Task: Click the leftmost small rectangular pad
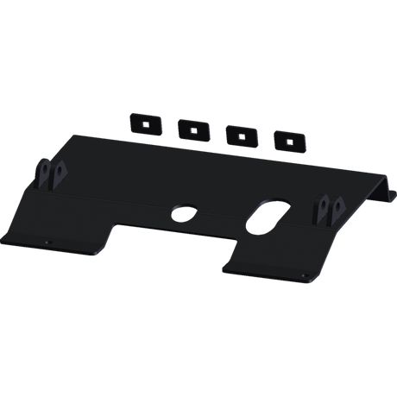(143, 123)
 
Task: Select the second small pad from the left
(190, 129)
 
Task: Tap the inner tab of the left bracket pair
(58, 174)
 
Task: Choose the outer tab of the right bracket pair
(338, 208)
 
